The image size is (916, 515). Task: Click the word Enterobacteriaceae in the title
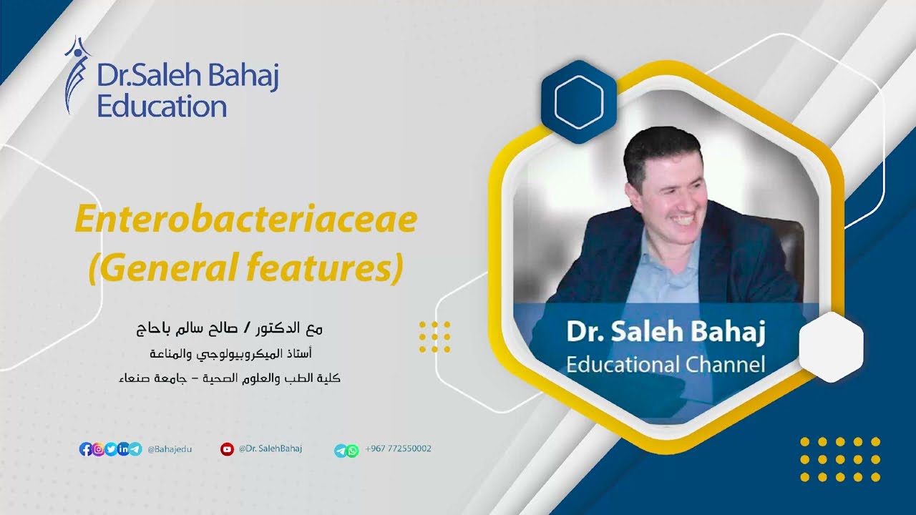tap(245, 220)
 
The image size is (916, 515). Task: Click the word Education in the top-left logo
tap(162, 107)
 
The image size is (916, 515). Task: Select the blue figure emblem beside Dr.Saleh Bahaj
tap(77, 76)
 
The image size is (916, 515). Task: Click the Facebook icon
tap(85, 449)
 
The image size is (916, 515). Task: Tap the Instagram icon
tap(98, 449)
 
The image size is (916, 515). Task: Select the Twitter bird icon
tap(111, 449)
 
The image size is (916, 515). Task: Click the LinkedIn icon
tap(123, 449)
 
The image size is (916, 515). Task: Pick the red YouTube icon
tap(227, 449)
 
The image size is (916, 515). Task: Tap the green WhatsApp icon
tap(352, 451)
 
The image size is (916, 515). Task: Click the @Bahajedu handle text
tap(170, 449)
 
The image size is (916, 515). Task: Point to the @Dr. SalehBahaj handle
tap(271, 448)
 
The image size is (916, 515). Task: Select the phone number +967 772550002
tap(398, 448)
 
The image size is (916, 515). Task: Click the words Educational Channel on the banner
tap(665, 364)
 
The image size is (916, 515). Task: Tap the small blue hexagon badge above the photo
tap(578, 102)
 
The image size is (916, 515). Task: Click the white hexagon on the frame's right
tap(831, 347)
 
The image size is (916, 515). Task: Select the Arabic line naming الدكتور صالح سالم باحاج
tap(230, 329)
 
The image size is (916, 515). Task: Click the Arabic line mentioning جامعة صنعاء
tap(230, 378)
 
